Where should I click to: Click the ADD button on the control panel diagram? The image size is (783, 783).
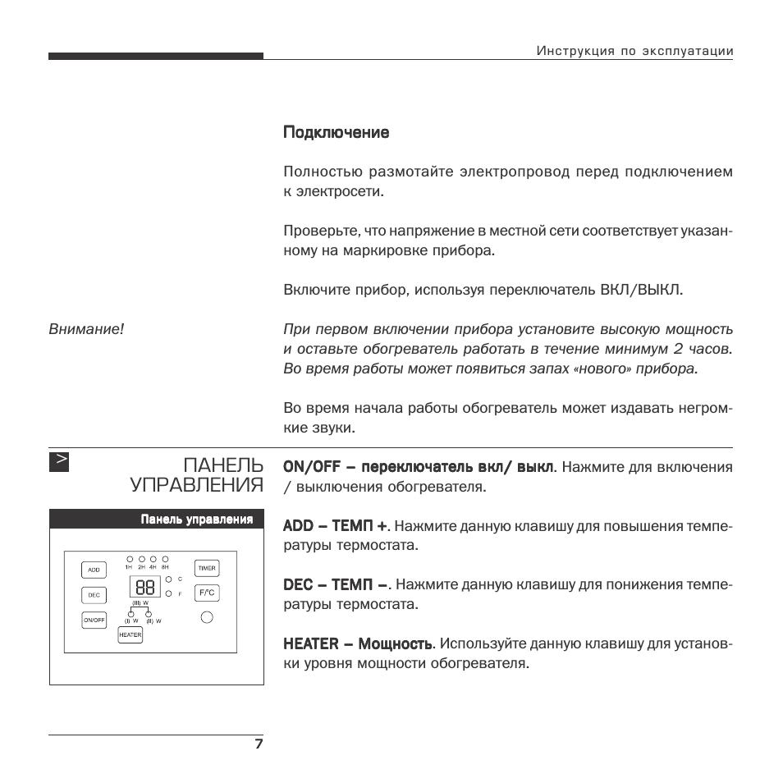pos(94,569)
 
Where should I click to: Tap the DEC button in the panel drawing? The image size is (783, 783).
pos(94,594)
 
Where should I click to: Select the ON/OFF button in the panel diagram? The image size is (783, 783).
pos(94,620)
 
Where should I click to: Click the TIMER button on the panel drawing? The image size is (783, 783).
pos(207,568)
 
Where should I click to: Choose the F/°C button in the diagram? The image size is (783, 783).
pos(207,593)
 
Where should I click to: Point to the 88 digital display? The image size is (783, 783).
pos(145,587)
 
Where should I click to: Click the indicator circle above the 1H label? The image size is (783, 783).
pos(129,559)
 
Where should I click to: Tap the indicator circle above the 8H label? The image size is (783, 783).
pos(165,559)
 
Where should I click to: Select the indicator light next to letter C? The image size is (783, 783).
pos(168,579)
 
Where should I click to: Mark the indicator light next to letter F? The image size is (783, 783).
pos(168,593)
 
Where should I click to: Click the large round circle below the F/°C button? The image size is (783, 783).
pos(207,617)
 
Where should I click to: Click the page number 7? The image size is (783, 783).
pos(259,744)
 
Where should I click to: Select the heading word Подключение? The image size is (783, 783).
pos(336,132)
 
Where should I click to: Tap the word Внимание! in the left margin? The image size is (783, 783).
pos(86,329)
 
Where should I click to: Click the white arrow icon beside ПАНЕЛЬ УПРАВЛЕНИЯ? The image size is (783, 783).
pos(59,461)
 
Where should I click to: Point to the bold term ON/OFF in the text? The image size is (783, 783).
pos(308,467)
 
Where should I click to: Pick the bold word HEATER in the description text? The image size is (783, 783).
pos(310,644)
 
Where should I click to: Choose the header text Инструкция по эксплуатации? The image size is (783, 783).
pos(634,51)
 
